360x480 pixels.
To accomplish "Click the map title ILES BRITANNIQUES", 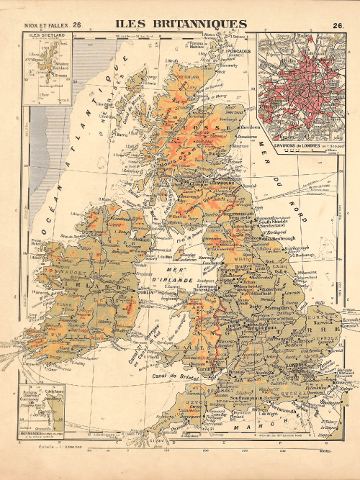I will point(180,24).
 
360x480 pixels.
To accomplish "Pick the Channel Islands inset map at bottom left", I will point(45,409).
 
